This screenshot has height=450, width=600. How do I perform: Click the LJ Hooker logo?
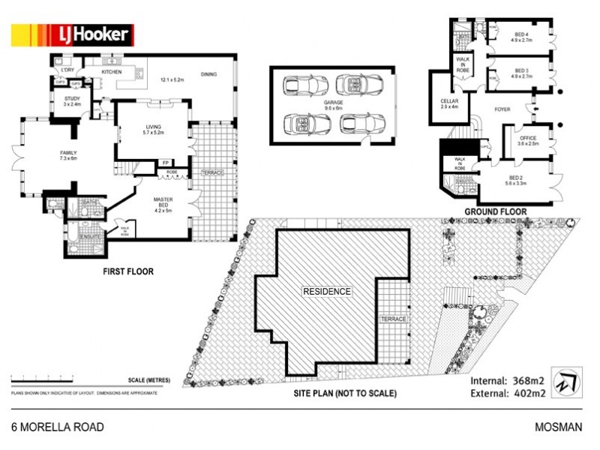tap(71, 34)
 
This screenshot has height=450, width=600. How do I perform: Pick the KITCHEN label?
tap(112, 72)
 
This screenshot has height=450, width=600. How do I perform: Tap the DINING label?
tap(209, 74)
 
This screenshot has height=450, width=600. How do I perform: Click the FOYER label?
tap(502, 109)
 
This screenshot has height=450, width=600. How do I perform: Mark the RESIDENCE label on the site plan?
tap(326, 290)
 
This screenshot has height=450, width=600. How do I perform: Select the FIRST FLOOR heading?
tap(128, 271)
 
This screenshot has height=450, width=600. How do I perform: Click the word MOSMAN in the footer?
tap(558, 427)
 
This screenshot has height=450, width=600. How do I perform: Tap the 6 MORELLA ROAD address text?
tap(58, 427)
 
